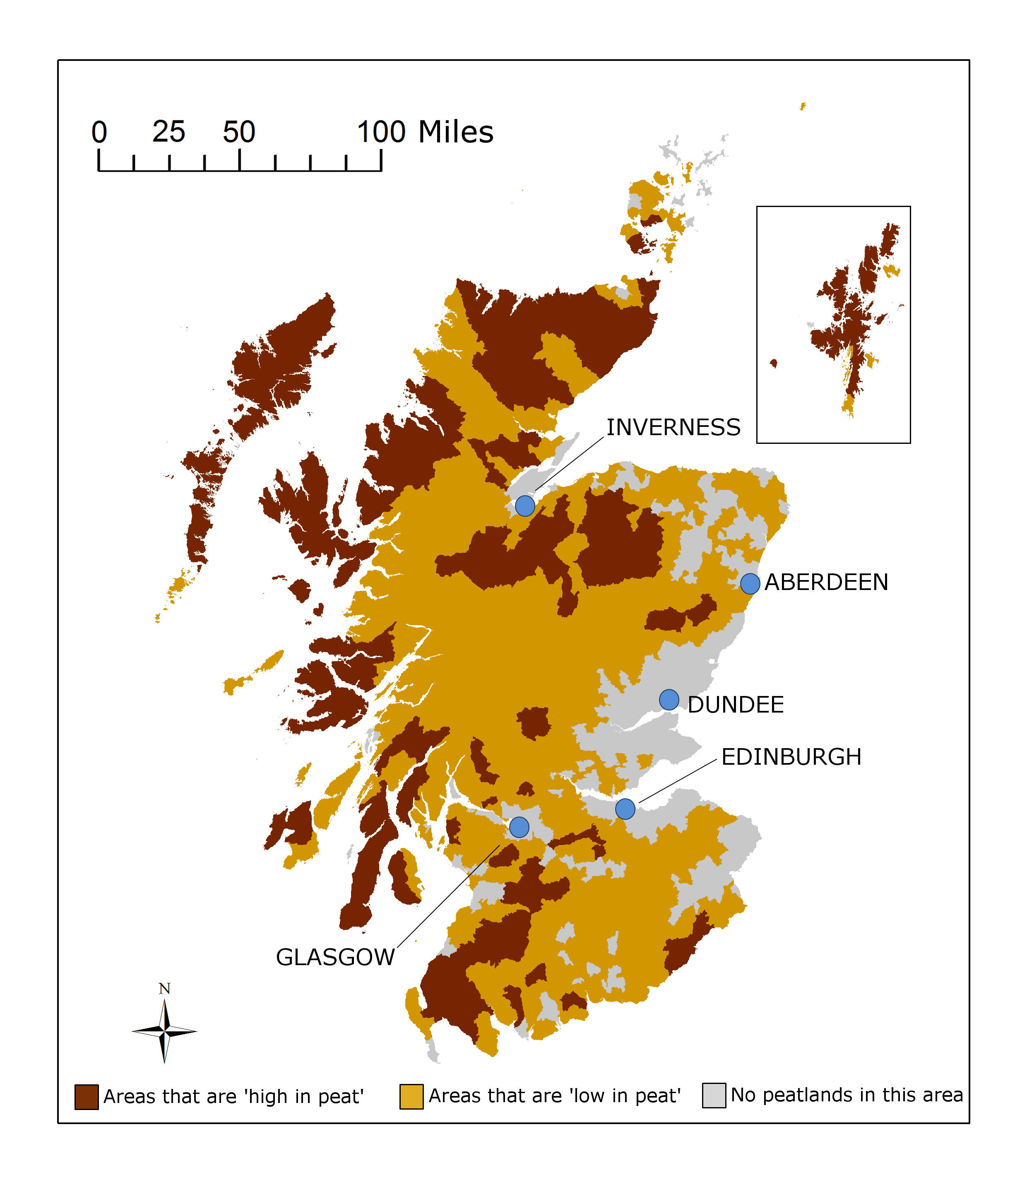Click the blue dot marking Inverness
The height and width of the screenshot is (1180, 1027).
525,506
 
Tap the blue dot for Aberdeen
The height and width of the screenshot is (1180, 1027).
750,583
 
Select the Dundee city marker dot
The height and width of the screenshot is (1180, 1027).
669,700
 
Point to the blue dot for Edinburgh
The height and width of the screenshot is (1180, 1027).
625,809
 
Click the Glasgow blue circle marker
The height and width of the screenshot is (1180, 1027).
519,827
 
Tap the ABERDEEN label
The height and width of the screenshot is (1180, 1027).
826,582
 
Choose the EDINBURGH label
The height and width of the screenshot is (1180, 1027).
791,757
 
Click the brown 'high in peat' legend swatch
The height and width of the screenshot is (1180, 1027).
87,1097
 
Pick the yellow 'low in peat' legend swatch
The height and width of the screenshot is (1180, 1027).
411,1096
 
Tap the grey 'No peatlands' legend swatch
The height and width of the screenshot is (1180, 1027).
714,1095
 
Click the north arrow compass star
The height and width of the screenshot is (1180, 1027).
164,1032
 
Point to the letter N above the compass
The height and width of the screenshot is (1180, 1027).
164,989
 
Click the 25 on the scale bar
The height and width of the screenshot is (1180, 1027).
168,132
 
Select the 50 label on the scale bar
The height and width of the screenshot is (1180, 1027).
239,132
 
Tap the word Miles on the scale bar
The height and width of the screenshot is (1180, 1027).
456,132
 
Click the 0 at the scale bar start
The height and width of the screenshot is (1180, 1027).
99,132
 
